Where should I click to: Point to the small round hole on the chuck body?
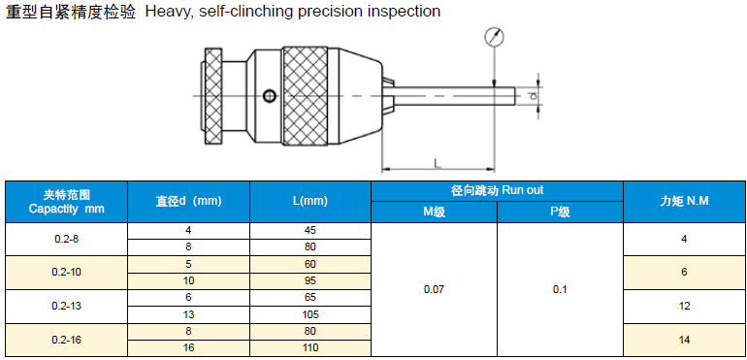[x=269, y=96]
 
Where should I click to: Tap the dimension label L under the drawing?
[x=438, y=164]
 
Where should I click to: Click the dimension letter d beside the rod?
[x=534, y=96]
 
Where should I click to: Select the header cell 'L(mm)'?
[x=310, y=201]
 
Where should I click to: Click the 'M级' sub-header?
[x=434, y=213]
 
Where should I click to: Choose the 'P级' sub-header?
[x=560, y=213]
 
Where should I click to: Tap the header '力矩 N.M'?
[x=684, y=201]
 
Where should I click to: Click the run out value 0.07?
[x=434, y=289]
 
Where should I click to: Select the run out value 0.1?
[x=560, y=289]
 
